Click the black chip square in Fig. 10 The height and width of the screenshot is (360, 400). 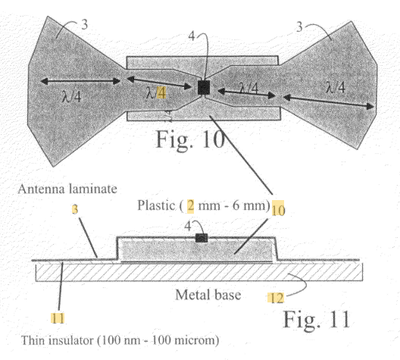click(204, 87)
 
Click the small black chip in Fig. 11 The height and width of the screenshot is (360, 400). click(202, 238)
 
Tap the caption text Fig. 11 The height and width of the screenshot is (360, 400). click(317, 319)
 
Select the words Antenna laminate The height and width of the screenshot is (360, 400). click(67, 189)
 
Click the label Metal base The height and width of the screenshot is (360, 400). click(208, 295)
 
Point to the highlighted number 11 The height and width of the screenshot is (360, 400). click(58, 318)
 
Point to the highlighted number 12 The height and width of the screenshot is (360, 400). click(276, 298)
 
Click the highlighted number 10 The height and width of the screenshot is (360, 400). click(278, 208)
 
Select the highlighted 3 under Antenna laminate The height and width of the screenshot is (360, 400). click(75, 209)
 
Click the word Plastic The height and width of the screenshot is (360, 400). click(156, 205)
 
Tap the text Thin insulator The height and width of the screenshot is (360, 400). click(57, 340)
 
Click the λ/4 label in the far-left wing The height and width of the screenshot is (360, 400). click(71, 97)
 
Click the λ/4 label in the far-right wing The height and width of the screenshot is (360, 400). click(336, 87)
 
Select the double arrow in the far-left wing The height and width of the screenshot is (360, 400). click(80, 81)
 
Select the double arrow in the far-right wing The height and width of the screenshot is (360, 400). click(329, 102)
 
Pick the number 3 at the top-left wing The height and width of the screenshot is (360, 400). click(84, 24)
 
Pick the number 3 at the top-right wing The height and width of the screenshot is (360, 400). click(299, 27)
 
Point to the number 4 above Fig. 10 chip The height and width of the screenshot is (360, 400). click(192, 36)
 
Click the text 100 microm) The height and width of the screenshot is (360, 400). click(186, 340)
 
